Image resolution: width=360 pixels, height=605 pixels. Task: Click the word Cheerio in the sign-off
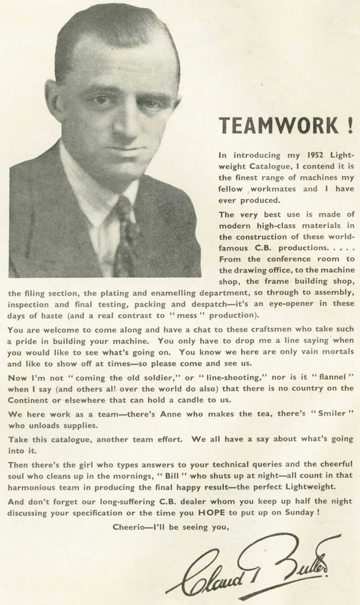tap(128, 527)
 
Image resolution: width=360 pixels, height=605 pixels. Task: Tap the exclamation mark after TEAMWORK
tap(351, 126)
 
